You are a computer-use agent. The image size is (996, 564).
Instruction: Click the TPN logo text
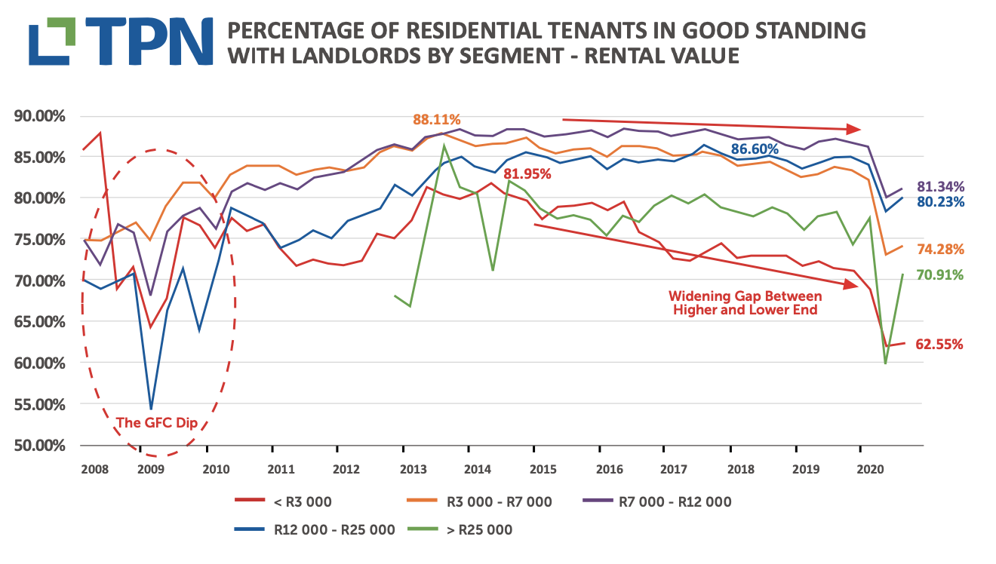click(x=155, y=42)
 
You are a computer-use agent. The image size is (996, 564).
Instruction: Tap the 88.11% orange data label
click(x=436, y=120)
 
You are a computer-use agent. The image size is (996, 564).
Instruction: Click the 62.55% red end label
click(x=939, y=345)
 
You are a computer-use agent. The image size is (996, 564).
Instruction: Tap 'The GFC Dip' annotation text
click(x=157, y=423)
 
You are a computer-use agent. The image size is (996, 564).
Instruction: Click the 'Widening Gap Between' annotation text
click(x=745, y=296)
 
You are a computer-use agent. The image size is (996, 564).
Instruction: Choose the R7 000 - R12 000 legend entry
click(x=675, y=501)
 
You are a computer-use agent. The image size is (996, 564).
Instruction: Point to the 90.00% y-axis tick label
click(x=40, y=116)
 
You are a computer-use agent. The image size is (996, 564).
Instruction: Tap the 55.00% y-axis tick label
click(x=40, y=404)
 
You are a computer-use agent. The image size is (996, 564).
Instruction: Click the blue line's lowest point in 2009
click(x=151, y=409)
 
